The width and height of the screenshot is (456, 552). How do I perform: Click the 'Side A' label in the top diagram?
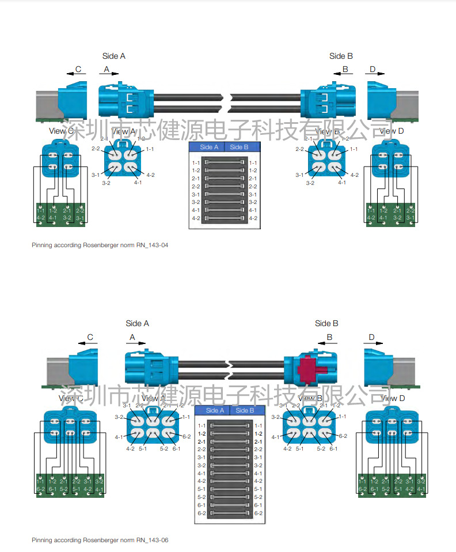(x=113, y=56)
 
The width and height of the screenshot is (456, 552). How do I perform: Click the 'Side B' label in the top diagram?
(x=341, y=56)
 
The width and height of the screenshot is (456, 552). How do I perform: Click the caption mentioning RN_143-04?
(x=100, y=245)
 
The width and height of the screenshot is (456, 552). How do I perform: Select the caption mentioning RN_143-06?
(x=100, y=540)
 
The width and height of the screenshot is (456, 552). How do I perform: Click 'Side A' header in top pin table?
(x=209, y=147)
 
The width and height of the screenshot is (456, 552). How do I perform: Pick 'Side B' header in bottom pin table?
(x=245, y=410)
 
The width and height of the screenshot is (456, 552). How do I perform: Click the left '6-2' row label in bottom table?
(x=202, y=513)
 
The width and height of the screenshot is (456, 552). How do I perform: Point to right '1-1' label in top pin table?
(x=253, y=163)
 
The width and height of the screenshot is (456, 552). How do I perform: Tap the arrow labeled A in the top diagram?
(x=109, y=74)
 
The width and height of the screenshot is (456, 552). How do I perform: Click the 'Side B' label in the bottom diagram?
(x=326, y=323)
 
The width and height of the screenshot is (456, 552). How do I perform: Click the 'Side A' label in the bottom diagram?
(x=137, y=323)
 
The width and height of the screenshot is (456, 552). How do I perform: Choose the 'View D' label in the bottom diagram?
(x=391, y=398)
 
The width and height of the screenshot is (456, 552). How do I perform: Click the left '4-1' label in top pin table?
(x=196, y=210)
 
